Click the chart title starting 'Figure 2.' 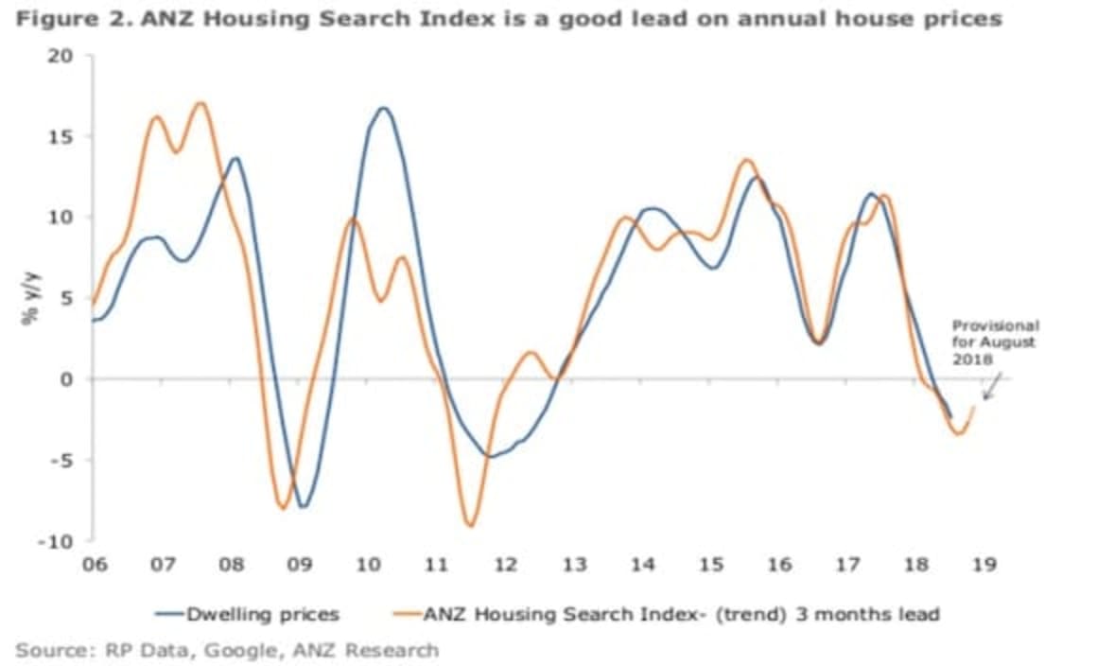pos(509,19)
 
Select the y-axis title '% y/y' pos(29,299)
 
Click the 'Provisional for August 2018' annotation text pos(994,342)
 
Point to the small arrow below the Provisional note pos(990,386)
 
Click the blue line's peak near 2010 pos(383,108)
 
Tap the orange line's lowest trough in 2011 pos(469,525)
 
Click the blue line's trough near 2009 pos(303,507)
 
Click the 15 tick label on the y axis pos(61,136)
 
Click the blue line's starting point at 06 pos(93,321)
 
